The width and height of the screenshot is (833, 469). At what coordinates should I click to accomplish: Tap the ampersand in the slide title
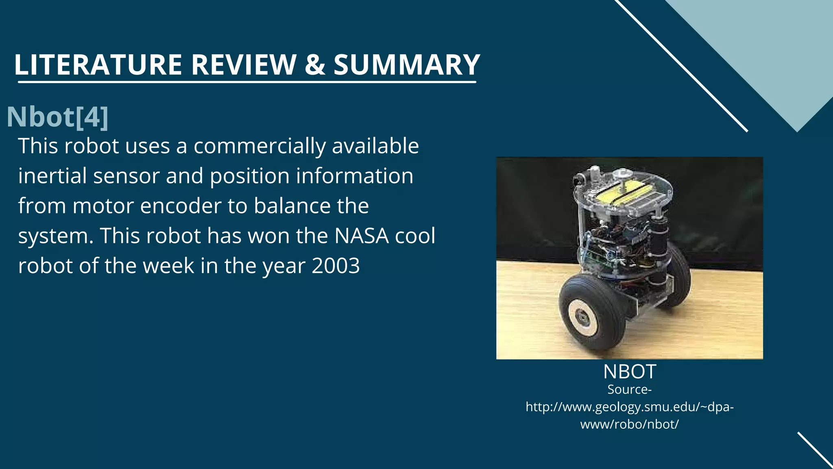(315, 65)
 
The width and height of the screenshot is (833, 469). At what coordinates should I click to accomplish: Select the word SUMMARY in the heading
(407, 65)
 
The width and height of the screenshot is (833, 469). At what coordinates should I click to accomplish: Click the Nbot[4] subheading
(57, 117)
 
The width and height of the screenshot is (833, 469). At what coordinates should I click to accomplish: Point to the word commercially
(259, 146)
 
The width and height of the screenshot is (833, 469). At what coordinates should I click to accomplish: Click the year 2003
(336, 266)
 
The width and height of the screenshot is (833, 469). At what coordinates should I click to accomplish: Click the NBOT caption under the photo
(629, 371)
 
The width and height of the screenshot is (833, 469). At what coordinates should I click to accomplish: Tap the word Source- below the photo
(629, 390)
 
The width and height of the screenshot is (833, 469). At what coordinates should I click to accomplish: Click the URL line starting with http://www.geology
(629, 407)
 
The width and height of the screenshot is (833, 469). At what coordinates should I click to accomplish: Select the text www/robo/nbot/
(629, 424)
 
